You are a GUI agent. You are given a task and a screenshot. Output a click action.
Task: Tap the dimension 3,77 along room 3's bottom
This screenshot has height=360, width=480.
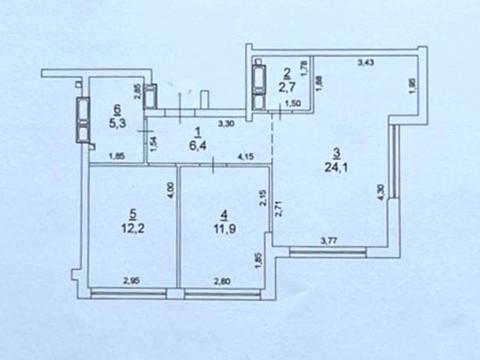(x=329, y=240)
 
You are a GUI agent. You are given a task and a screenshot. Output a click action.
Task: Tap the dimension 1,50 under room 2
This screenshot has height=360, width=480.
(x=294, y=104)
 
